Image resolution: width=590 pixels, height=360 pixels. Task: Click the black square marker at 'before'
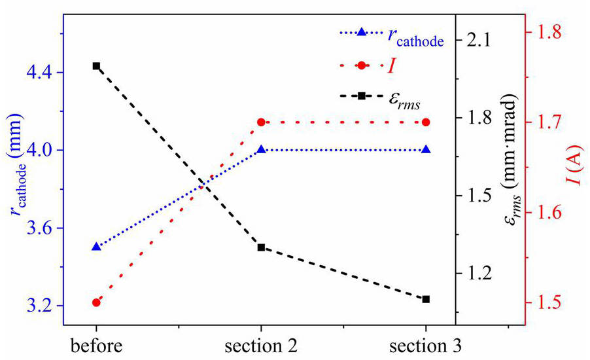tap(96, 66)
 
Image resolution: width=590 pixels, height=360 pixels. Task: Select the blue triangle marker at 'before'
tap(96, 247)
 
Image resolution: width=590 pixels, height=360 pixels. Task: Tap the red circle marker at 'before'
tap(96, 302)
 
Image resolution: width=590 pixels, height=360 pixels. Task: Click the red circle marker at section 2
tap(261, 122)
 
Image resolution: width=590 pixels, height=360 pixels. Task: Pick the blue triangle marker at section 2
tap(261, 149)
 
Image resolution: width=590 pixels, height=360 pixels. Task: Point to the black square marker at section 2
tap(261, 247)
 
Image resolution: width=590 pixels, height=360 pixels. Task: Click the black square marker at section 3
tap(426, 299)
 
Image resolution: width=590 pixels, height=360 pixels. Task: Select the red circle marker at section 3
tap(426, 122)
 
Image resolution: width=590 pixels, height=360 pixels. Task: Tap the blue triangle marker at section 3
tap(426, 149)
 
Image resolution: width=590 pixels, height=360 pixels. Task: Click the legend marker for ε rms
tap(361, 96)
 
